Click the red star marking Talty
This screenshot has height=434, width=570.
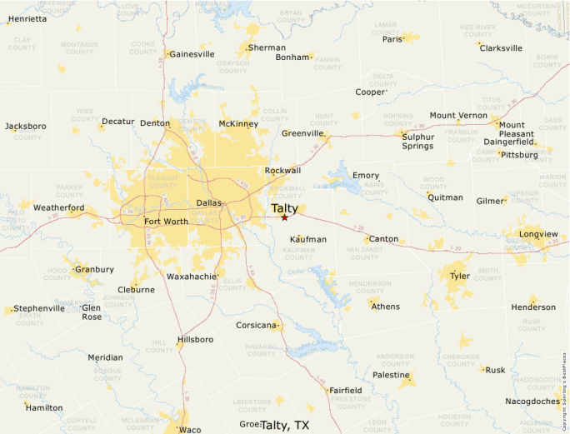(284, 217)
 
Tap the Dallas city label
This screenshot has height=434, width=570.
(209, 202)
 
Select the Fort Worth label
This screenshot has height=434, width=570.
(166, 222)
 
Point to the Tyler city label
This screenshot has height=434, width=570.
(459, 275)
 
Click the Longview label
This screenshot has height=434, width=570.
(538, 234)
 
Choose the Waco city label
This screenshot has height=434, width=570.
(190, 429)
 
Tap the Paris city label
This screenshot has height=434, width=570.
(392, 39)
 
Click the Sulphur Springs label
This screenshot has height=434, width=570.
(417, 141)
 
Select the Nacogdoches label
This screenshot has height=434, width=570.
(532, 402)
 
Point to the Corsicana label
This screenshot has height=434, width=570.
(255, 325)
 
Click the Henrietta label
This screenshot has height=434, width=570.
(27, 18)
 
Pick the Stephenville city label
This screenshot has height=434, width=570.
(39, 308)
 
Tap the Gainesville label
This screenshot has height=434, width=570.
(191, 54)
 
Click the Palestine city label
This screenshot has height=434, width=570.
(390, 375)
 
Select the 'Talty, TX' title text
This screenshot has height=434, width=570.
(285, 425)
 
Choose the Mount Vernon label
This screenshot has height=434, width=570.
(458, 115)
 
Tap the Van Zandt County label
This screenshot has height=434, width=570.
(364, 252)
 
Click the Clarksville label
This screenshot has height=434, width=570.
(501, 47)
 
